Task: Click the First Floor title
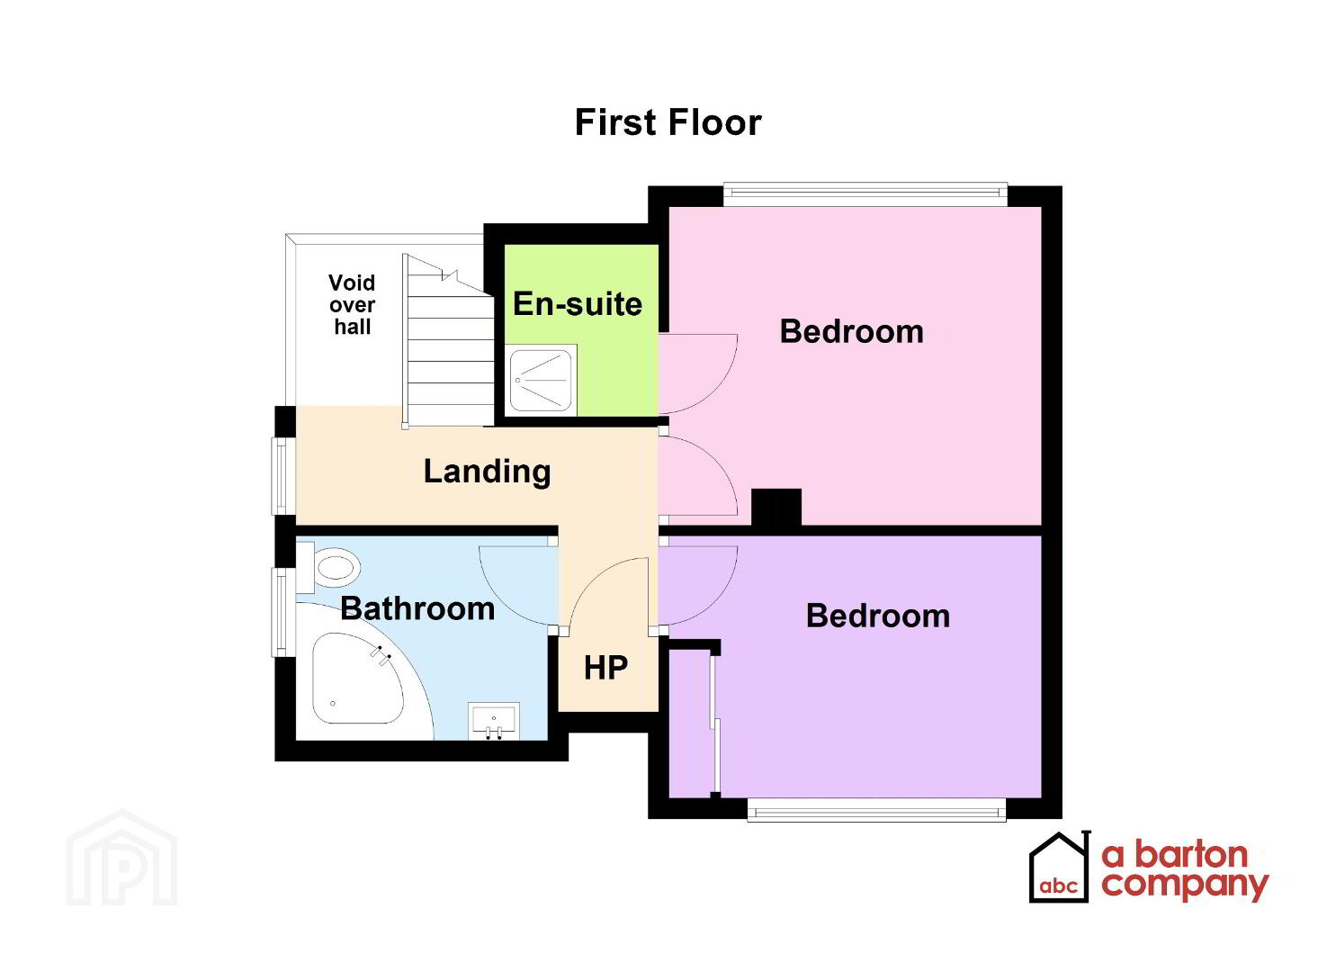tap(668, 123)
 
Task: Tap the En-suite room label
tap(578, 303)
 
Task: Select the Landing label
tap(487, 472)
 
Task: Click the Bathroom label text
tap(417, 608)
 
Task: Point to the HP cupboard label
tap(605, 668)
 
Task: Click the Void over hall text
tap(352, 304)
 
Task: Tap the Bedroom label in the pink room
tap(851, 331)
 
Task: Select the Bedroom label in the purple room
tap(877, 616)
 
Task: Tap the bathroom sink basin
tap(493, 721)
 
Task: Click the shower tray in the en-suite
tap(542, 380)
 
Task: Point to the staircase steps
tap(449, 340)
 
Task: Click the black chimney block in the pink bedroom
tap(776, 508)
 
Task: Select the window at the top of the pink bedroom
tap(865, 193)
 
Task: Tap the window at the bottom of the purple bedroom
tap(877, 811)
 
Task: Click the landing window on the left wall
tap(284, 476)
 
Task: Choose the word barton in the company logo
tap(1191, 855)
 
